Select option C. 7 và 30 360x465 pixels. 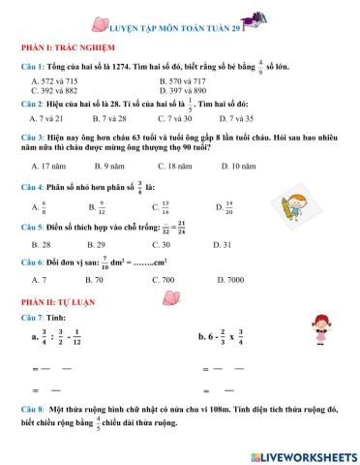pos(177,117)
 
